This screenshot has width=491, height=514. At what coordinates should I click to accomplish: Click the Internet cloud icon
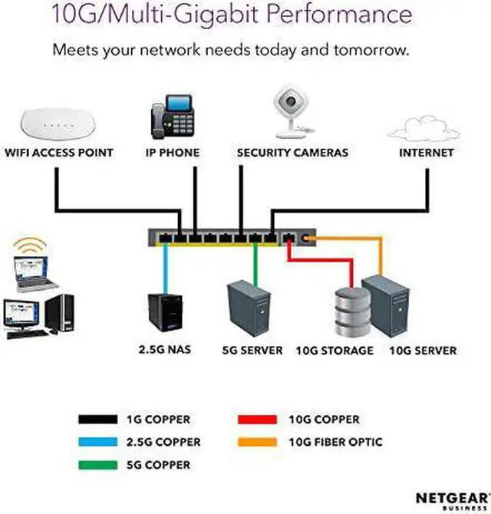pos(424,127)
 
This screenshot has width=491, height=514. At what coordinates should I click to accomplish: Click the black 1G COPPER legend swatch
pos(97,420)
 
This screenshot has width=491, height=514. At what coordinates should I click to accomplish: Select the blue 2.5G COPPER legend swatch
pos(97,442)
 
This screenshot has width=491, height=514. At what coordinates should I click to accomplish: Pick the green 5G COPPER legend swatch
pos(97,465)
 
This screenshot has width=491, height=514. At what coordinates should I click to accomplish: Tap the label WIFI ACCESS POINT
pos(59,153)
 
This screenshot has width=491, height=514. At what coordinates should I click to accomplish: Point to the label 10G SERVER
pos(423,351)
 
